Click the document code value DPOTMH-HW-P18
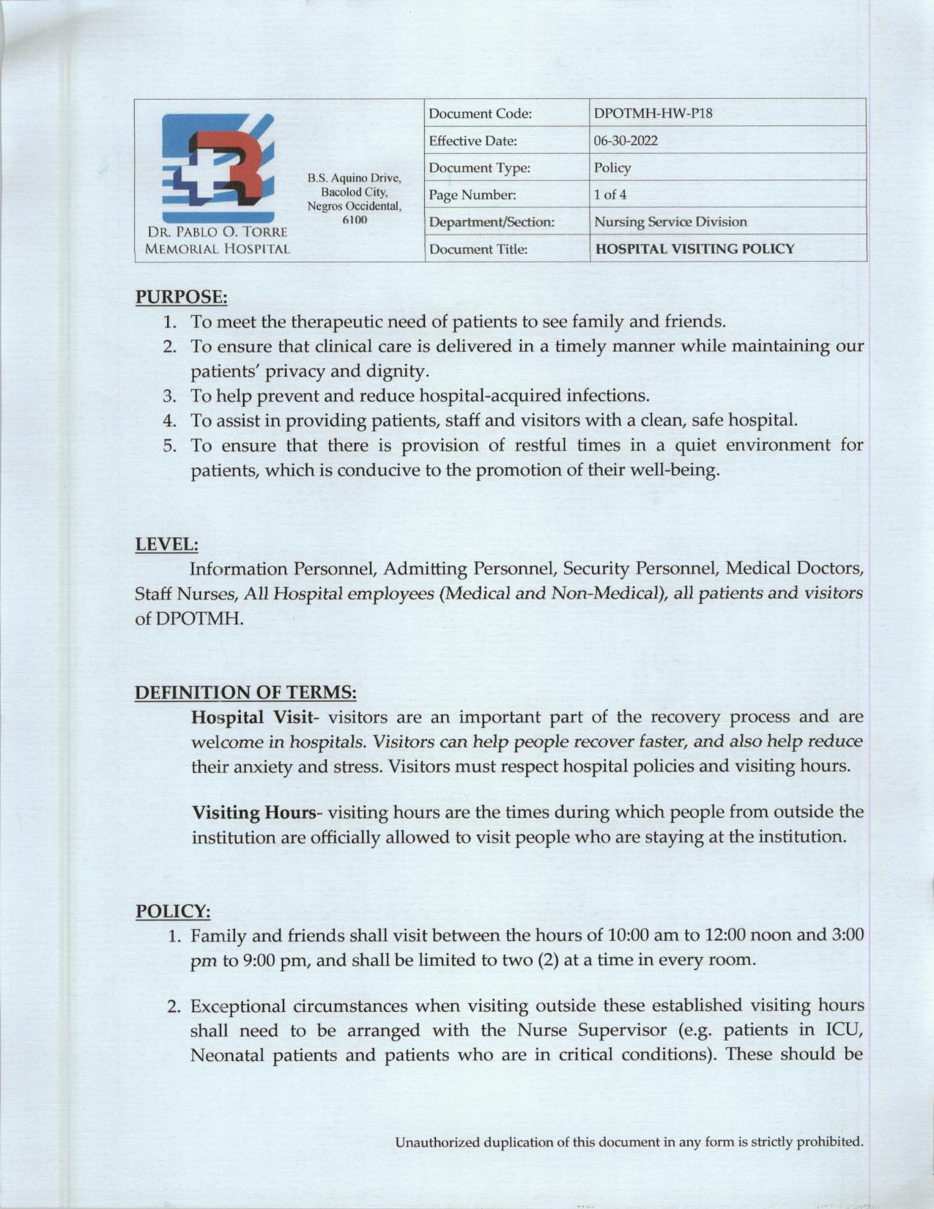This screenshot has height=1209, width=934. click(x=653, y=114)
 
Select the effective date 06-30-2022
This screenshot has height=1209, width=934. click(x=626, y=141)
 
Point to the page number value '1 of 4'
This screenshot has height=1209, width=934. click(x=609, y=195)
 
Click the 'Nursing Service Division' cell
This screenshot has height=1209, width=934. click(x=670, y=221)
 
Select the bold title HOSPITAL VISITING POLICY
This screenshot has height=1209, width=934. click(x=694, y=249)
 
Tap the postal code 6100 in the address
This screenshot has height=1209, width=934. click(x=355, y=220)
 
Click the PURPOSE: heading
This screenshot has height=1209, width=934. click(x=181, y=297)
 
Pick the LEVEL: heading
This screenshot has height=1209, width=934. click(x=166, y=544)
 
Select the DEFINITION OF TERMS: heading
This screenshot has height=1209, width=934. click(x=245, y=692)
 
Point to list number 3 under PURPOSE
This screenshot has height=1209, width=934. click(x=170, y=396)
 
